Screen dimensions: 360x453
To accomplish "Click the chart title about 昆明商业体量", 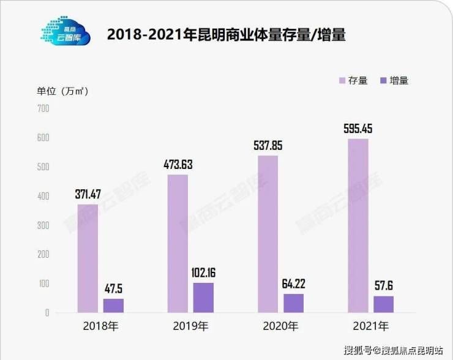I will tap(226, 35).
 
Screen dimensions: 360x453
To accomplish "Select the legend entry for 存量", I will tap(353, 80).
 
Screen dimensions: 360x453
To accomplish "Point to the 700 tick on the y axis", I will tap(43, 108).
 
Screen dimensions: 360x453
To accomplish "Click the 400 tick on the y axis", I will tap(43, 196).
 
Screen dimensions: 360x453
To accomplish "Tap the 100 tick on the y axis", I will tap(43, 283).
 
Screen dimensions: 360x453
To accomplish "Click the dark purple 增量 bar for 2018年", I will tap(113, 306).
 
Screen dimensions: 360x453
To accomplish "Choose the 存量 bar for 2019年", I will tap(178, 244).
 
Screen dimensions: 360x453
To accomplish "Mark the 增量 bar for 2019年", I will tap(203, 298).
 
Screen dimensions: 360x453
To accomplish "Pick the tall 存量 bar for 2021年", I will tap(358, 225).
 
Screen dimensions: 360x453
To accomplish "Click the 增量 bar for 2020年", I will tap(293, 303).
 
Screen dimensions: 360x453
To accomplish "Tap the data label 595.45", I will tap(358, 129).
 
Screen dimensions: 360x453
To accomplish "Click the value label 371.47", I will tap(88, 195).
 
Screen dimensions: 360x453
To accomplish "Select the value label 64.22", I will tap(293, 284).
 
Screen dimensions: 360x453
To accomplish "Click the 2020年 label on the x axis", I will tap(280, 325).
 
